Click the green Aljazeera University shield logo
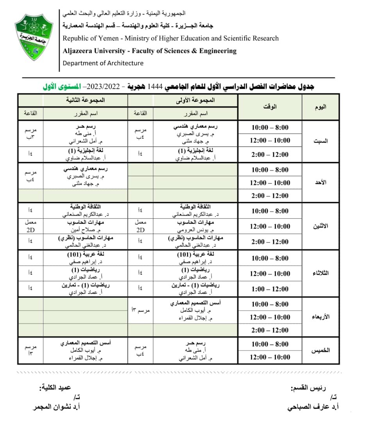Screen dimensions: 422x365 tap(34, 37)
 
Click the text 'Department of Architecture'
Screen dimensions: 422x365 tap(103, 63)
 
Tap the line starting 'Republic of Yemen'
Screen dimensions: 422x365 tap(171, 38)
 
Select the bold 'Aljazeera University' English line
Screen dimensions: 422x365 tap(150, 51)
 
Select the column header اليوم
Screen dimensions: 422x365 tap(320, 107)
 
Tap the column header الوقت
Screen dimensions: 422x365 tap(270, 107)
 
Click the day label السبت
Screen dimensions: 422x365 tap(320, 141)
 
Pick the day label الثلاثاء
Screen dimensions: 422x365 tap(320, 274)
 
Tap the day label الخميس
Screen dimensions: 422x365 tap(320, 350)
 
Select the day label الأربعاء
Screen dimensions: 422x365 tap(320, 317)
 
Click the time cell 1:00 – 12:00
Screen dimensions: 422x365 tap(270, 289)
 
